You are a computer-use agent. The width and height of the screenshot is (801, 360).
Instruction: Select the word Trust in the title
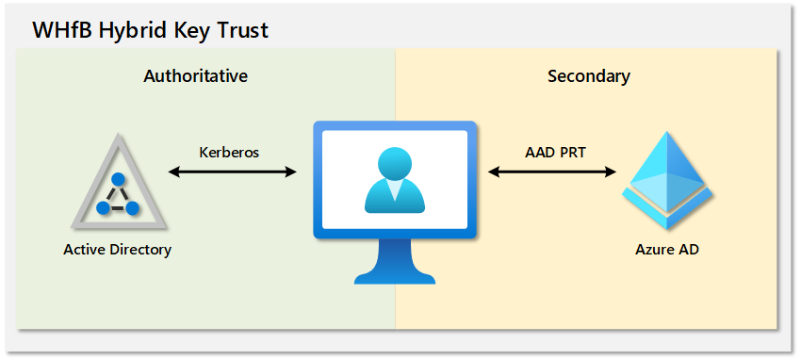242,29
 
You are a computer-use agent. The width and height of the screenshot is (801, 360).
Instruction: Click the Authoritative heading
196,76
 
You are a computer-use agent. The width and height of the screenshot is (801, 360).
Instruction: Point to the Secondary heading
589,76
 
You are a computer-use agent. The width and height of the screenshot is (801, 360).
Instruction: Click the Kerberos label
229,152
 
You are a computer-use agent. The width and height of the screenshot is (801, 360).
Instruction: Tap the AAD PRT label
554,152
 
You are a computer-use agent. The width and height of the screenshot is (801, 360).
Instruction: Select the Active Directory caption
118,250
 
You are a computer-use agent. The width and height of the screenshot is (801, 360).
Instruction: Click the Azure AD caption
667,250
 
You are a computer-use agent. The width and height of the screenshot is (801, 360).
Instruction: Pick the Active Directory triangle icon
119,181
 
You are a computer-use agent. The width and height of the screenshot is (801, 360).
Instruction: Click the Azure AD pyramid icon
666,180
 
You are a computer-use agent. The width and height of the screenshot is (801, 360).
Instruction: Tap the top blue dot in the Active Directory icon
119,180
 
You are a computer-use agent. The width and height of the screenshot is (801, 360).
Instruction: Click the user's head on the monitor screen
394,162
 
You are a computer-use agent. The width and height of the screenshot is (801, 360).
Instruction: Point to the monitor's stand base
394,277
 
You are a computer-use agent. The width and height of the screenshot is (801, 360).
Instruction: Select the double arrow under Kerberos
233,172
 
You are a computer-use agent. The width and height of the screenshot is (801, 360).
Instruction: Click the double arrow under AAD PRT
552,172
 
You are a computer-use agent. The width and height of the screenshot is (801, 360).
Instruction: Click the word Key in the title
190,31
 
